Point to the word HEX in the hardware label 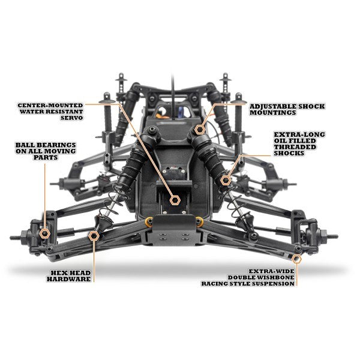pos(60,271)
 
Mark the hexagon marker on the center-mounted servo pos(176,200)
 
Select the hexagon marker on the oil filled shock pos(226,179)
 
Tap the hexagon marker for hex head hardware pos(93,236)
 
